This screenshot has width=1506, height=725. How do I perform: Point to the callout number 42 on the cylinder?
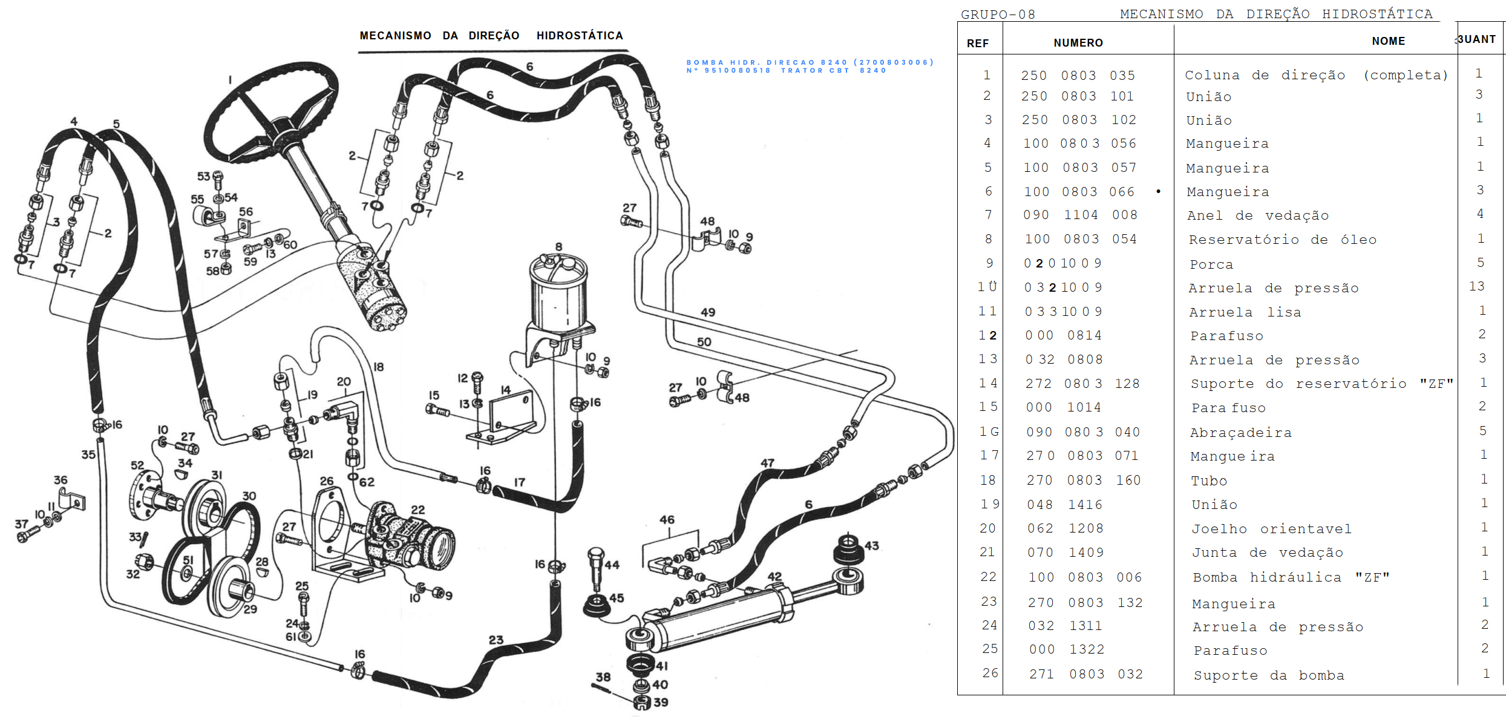[x=774, y=576]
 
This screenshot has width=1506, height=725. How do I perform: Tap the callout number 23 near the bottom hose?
[x=496, y=640]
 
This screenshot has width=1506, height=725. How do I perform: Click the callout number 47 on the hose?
[x=767, y=463]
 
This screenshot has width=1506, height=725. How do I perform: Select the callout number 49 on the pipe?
[x=707, y=312]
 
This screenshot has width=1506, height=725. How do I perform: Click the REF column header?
[x=977, y=43]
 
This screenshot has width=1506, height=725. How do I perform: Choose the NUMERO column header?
[x=1078, y=43]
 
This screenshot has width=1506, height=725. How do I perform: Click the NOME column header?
[x=1388, y=41]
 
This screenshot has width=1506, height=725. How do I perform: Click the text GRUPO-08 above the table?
[x=998, y=15]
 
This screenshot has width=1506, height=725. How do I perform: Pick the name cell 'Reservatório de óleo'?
[x=1282, y=240]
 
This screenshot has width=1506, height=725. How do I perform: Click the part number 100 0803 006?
[x=1085, y=577]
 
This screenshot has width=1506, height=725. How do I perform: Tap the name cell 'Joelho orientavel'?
[x=1271, y=529]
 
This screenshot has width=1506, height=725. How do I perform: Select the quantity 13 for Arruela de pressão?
[x=1476, y=286]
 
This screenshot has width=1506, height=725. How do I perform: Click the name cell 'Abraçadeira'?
[x=1240, y=433]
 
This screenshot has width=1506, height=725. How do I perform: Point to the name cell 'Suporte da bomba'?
[x=1268, y=675]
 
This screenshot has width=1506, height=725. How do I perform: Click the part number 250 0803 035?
[x=1078, y=76]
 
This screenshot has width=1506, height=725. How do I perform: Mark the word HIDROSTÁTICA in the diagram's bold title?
[x=579, y=36]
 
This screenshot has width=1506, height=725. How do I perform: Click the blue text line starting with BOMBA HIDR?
[x=810, y=62]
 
